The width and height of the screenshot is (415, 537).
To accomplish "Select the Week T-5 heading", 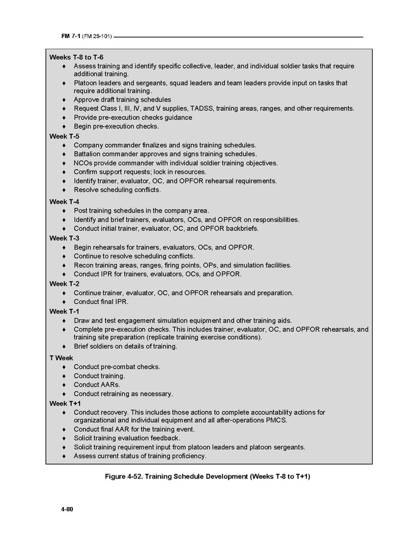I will [x=64, y=136].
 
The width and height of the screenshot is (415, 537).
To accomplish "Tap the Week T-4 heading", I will [x=64, y=201].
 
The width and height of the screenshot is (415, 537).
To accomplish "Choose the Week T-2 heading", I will [x=64, y=284].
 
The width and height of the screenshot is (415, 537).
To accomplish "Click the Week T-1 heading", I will [x=64, y=311].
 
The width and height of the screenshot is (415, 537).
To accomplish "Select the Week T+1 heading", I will [x=64, y=403].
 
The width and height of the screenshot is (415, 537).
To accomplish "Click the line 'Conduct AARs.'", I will [x=97, y=385].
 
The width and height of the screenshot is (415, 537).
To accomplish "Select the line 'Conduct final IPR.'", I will [x=101, y=302].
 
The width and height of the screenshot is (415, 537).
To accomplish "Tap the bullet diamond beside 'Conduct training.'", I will [x=64, y=376].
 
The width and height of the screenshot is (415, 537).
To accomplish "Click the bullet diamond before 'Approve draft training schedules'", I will [x=64, y=100].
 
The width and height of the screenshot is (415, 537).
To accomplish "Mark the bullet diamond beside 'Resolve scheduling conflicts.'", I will [x=64, y=190].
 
